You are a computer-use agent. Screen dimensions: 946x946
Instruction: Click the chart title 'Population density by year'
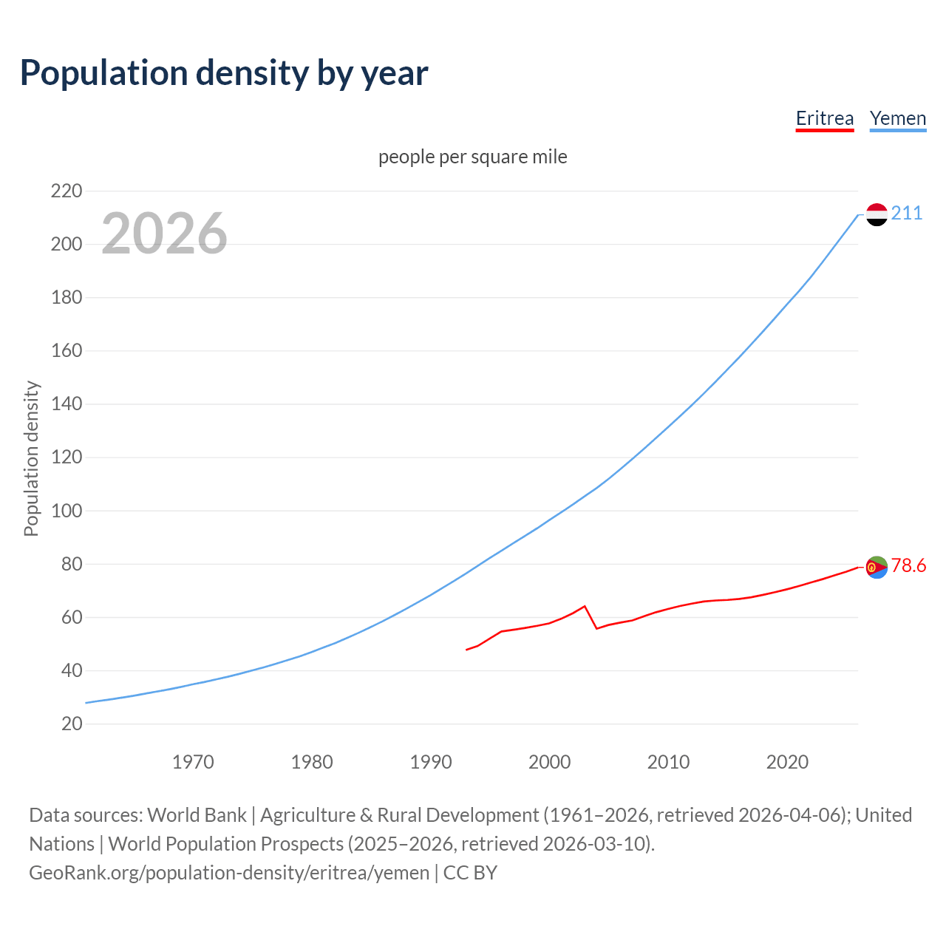point(224,73)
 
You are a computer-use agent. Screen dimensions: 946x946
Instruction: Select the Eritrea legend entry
point(824,118)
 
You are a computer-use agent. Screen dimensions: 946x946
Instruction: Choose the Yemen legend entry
point(897,118)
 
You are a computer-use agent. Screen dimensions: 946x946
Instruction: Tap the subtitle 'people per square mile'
point(472,157)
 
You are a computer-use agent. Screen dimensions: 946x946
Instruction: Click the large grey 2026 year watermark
point(164,234)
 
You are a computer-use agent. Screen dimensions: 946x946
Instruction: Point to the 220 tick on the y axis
point(67,191)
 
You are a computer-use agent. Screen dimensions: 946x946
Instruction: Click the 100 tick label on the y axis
point(67,511)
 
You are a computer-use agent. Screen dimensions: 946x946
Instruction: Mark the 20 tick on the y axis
point(72,724)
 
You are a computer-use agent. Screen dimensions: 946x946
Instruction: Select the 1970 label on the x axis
point(193,762)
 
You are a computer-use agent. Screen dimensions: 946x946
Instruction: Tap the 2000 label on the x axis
point(549,762)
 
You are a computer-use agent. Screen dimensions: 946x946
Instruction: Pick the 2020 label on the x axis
point(787,762)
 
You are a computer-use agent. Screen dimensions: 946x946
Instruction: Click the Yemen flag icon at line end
point(877,214)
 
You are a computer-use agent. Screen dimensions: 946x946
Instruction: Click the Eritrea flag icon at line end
point(877,567)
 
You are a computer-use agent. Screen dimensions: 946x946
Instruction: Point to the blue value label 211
point(907,214)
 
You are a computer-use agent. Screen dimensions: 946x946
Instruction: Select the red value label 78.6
point(908,566)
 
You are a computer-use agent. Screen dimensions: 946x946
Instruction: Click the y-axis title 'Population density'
point(31,458)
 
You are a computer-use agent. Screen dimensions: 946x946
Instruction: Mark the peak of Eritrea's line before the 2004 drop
point(585,606)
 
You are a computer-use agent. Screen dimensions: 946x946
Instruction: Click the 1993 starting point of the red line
point(466,650)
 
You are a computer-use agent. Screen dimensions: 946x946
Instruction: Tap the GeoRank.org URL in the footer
point(229,873)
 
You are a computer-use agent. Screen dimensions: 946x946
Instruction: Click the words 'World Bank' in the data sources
point(197,815)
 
